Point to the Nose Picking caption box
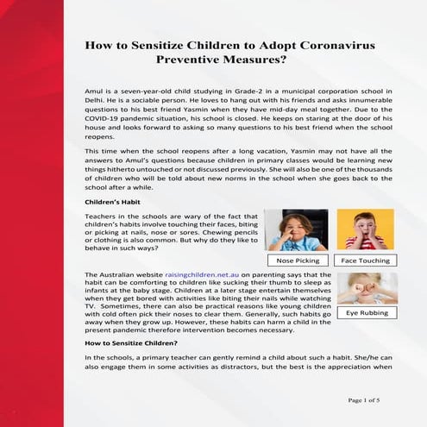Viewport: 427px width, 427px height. coord(296,260)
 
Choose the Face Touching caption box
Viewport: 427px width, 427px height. coord(365,260)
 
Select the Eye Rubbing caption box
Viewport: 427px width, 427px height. coord(365,314)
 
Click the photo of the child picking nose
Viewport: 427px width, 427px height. coord(296,230)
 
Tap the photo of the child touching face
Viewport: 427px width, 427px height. coord(365,230)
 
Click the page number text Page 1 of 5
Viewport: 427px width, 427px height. coord(367,400)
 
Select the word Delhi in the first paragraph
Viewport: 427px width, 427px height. coord(93,100)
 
